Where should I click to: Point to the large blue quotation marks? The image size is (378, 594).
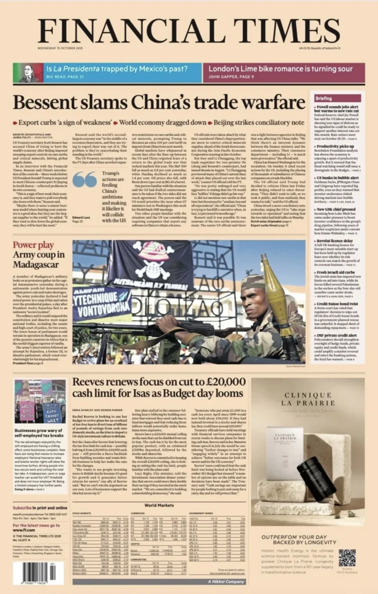85,179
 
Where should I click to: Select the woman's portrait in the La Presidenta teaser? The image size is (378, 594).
28,73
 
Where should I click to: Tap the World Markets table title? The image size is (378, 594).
159,505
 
